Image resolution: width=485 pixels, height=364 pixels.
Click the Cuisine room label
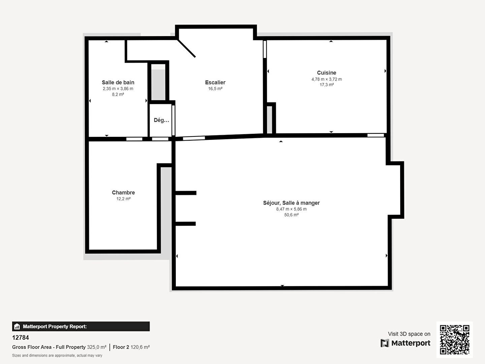(x=327, y=73)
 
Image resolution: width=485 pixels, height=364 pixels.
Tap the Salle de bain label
(x=118, y=83)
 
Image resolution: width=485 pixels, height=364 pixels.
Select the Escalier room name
(x=215, y=83)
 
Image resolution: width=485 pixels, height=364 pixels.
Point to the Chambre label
(x=123, y=192)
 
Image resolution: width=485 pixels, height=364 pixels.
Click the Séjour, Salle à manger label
(x=291, y=203)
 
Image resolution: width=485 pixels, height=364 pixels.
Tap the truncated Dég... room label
(x=162, y=120)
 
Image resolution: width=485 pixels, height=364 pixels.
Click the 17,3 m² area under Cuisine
(x=327, y=85)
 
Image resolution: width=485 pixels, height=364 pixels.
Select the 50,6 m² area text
(x=291, y=215)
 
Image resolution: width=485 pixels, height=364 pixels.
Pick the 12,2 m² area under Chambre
(x=123, y=199)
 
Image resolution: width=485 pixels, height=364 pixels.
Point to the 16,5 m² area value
(x=215, y=89)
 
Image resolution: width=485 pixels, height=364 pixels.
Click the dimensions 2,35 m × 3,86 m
(x=118, y=89)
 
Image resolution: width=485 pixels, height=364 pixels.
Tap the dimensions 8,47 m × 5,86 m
(x=291, y=209)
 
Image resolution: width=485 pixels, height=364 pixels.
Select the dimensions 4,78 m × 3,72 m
(x=327, y=79)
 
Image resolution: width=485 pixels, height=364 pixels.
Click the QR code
(x=454, y=340)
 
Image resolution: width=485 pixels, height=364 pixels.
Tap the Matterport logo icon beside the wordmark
(x=385, y=343)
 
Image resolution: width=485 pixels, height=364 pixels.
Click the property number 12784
(x=21, y=338)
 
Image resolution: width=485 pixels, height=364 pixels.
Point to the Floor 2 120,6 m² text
(x=131, y=347)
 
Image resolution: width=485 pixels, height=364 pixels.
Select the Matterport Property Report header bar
(x=81, y=327)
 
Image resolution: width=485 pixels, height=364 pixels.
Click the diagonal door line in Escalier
(x=186, y=48)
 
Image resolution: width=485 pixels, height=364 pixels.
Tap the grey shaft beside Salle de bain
(x=158, y=85)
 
